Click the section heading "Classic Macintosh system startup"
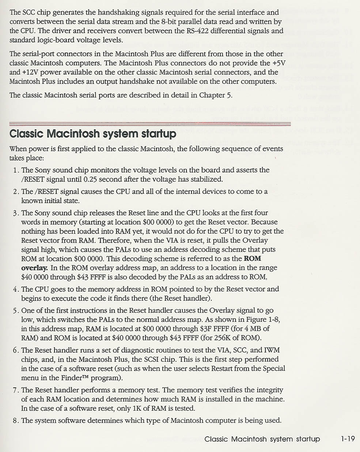pyautogui.click(x=92, y=134)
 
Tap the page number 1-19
pyautogui.click(x=346, y=439)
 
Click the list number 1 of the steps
pyautogui.click(x=15, y=170)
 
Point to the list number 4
pyautogui.click(x=15, y=289)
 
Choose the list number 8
pyautogui.click(x=15, y=421)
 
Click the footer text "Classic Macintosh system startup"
pyautogui.click(x=262, y=439)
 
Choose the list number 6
pyautogui.click(x=15, y=350)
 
